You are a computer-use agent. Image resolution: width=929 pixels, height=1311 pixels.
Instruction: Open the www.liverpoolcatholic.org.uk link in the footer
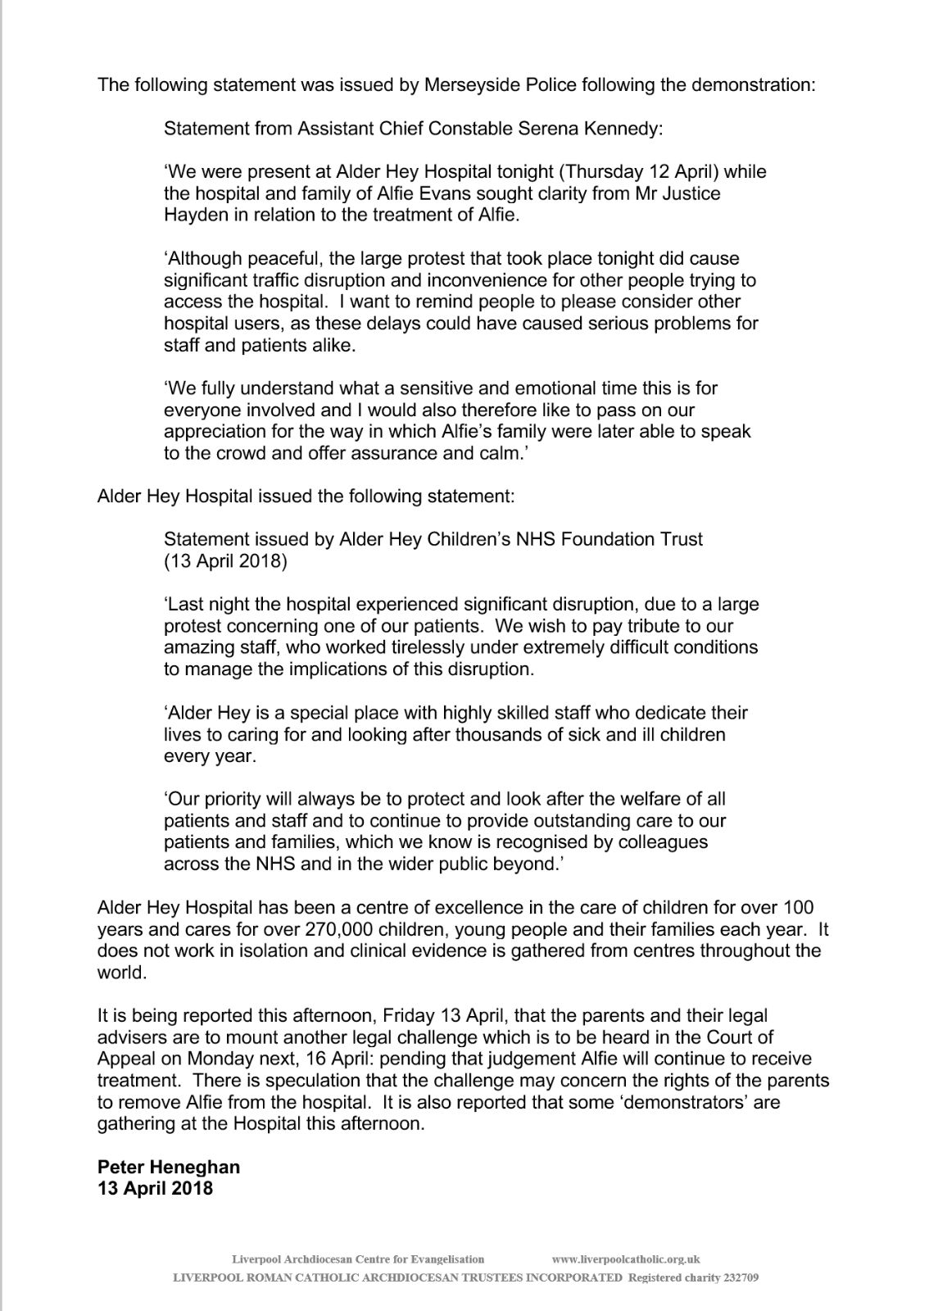626,1259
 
